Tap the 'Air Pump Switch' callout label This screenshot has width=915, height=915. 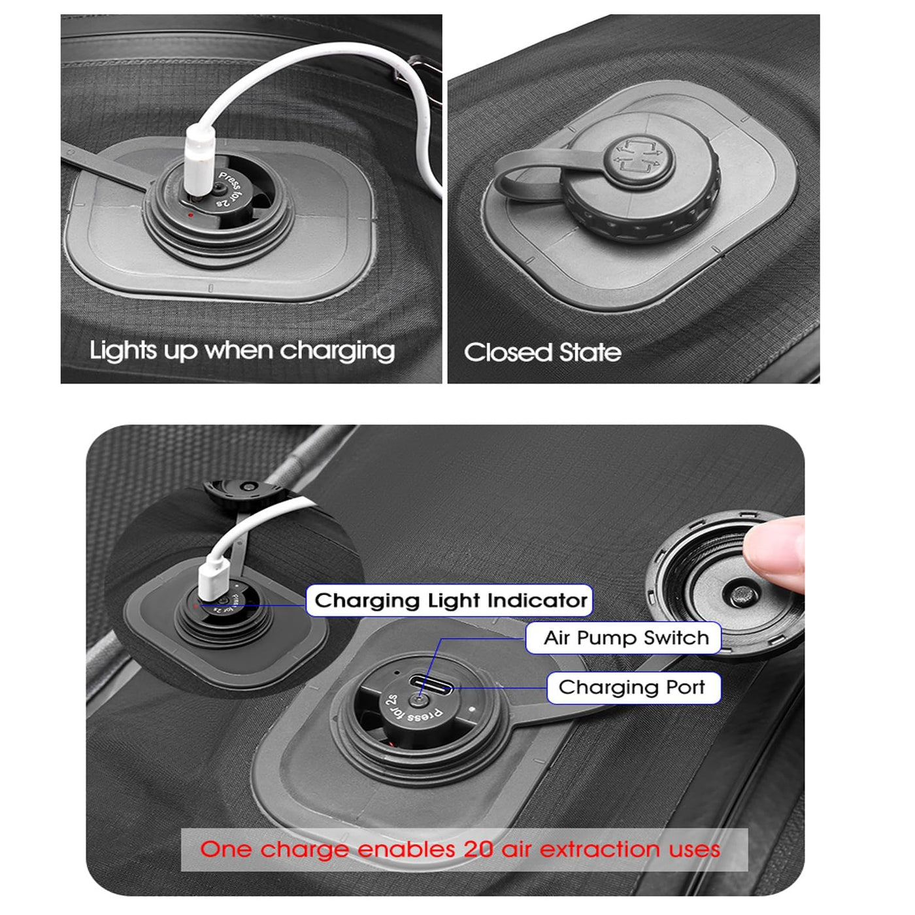pos(624,638)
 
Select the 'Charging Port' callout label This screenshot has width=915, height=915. pos(634,688)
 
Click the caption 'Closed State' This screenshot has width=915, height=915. pos(542,352)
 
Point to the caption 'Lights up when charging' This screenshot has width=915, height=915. pos(242,352)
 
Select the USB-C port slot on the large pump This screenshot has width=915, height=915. pos(431,685)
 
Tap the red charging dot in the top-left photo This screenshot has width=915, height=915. pos(190,215)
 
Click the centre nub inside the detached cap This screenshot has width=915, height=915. pos(742,596)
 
